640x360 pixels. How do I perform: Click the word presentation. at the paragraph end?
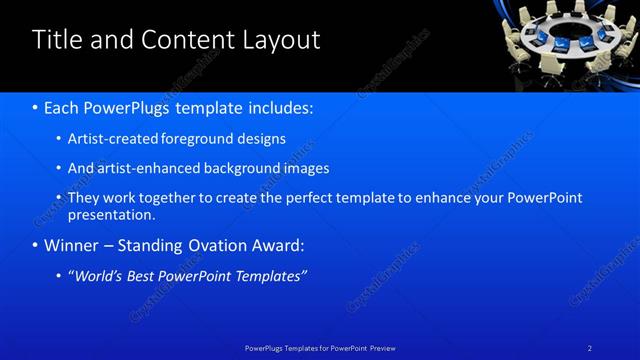click(111, 214)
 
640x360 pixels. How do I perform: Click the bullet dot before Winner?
click(36, 245)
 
